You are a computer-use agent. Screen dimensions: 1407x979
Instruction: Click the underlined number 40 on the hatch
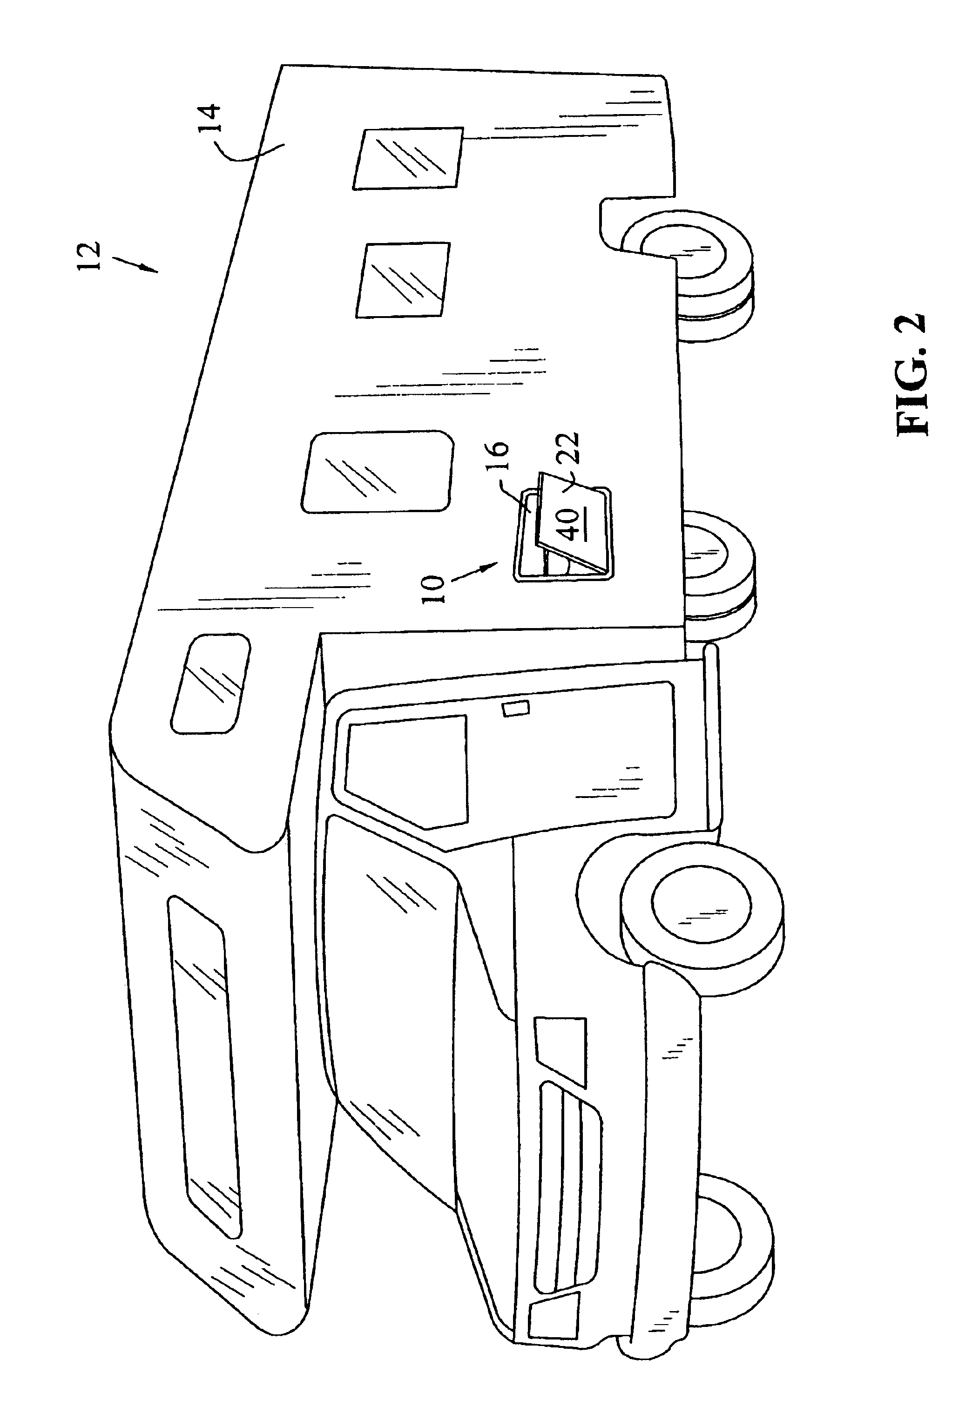571,524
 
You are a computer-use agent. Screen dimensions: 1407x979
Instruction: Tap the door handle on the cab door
516,708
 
